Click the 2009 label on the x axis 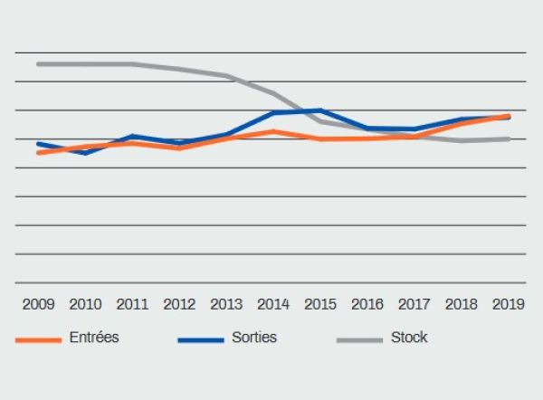click(x=38, y=303)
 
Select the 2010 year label click(x=85, y=303)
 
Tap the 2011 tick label click(x=132, y=303)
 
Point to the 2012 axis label click(x=179, y=303)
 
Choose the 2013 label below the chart click(x=226, y=303)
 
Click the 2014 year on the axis click(x=273, y=303)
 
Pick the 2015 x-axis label click(x=320, y=303)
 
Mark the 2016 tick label click(x=367, y=303)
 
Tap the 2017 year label click(x=414, y=303)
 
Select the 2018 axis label click(x=462, y=303)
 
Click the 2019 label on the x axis click(x=509, y=303)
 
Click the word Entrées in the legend click(x=94, y=338)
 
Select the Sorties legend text click(x=254, y=338)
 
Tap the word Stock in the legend click(x=409, y=338)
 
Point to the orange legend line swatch click(x=38, y=340)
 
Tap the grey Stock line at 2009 click(x=38, y=64)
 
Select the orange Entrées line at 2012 click(x=179, y=147)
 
